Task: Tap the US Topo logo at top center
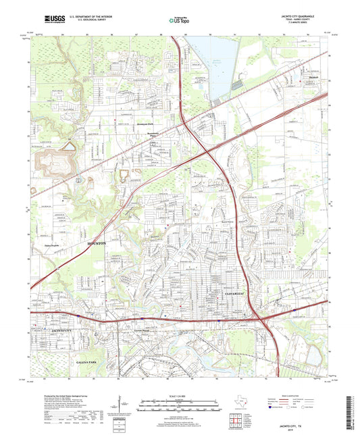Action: (179, 21)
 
